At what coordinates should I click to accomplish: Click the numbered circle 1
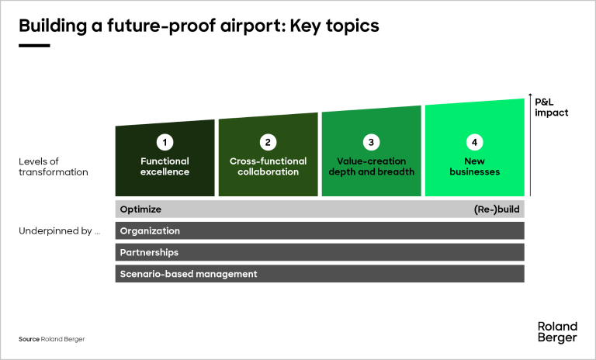(x=165, y=142)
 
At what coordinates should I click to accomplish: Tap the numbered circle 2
(x=268, y=142)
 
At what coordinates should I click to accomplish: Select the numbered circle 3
(x=371, y=142)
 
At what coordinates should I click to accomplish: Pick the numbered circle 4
(x=474, y=142)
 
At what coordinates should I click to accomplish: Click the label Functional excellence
(x=165, y=166)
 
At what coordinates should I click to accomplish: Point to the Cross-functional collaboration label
(x=268, y=166)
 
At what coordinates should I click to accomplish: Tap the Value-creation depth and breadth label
(x=371, y=166)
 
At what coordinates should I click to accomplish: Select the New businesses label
(x=474, y=166)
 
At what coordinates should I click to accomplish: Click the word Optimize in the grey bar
(x=140, y=209)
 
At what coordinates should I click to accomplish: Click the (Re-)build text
(x=497, y=209)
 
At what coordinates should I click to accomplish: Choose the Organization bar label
(x=150, y=231)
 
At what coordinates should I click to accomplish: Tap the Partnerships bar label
(x=149, y=252)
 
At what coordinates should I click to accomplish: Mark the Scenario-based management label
(x=189, y=274)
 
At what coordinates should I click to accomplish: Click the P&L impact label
(x=552, y=107)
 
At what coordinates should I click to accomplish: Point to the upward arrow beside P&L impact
(x=529, y=147)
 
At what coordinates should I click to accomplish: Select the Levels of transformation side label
(x=53, y=166)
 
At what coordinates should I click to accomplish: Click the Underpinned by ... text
(x=60, y=231)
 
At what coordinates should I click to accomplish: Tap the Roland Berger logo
(x=557, y=331)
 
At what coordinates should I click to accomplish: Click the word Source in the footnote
(x=29, y=340)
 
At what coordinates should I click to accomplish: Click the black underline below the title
(x=34, y=46)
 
